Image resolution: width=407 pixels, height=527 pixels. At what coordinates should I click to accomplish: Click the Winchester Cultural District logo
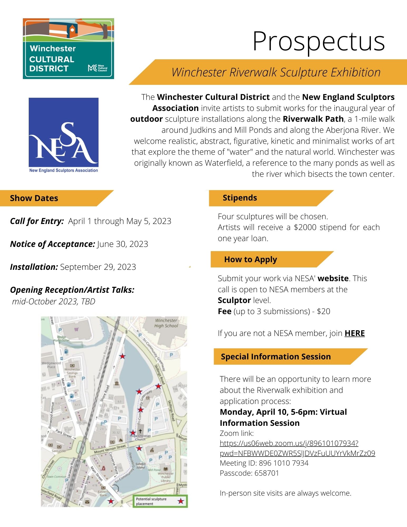pyautogui.click(x=68, y=48)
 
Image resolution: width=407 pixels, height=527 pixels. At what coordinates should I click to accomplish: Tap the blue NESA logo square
pyautogui.click(x=63, y=132)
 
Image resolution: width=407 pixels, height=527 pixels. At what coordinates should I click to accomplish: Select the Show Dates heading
pyautogui.click(x=34, y=198)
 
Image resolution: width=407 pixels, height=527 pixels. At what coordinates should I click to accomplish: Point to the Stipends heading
pyautogui.click(x=240, y=198)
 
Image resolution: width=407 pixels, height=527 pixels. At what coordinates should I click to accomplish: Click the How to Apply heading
pyautogui.click(x=251, y=260)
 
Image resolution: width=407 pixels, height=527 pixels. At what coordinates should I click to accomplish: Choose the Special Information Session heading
pyautogui.click(x=276, y=357)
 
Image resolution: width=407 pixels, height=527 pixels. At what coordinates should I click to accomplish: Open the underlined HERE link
pyautogui.click(x=355, y=333)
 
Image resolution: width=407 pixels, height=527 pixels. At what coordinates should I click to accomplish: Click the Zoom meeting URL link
pyautogui.click(x=297, y=448)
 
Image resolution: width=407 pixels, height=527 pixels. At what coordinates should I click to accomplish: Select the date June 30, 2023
pyautogui.click(x=122, y=244)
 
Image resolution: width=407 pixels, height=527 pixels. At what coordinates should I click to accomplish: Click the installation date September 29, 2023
pyautogui.click(x=98, y=267)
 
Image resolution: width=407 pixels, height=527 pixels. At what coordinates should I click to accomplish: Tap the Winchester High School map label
pyautogui.click(x=166, y=323)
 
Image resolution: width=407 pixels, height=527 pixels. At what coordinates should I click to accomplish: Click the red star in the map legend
pyautogui.click(x=181, y=501)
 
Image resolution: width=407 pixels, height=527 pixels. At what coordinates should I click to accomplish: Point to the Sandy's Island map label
pyautogui.click(x=141, y=466)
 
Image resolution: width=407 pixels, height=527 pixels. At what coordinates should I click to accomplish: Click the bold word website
pyautogui.click(x=333, y=279)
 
